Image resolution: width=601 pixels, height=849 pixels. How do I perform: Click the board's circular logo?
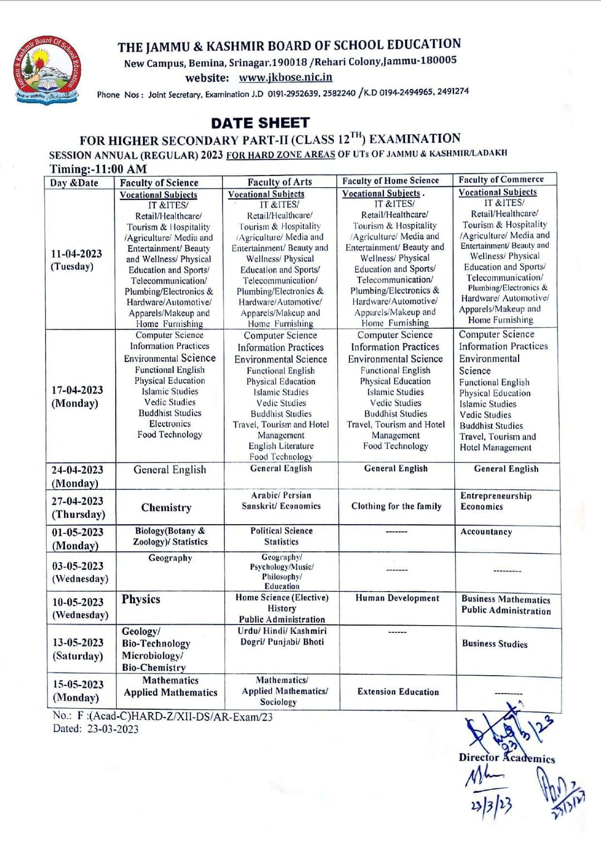[x=48, y=69]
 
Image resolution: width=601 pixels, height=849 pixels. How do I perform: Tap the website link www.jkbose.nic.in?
[x=285, y=77]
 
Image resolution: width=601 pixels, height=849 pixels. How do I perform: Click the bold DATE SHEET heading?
[x=260, y=123]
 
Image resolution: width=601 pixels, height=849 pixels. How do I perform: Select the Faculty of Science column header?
[x=159, y=183]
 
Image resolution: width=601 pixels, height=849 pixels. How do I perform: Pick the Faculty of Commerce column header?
[x=501, y=179]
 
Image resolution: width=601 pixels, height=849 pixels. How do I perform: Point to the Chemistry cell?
[x=166, y=507]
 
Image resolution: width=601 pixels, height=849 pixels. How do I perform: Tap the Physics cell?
[x=141, y=599]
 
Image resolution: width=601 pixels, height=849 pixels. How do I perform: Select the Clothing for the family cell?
[x=396, y=506]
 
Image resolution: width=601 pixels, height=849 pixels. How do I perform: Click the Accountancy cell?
[x=486, y=531]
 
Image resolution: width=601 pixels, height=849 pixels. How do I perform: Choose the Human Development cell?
[x=397, y=598]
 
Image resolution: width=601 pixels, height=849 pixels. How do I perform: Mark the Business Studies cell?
[x=495, y=643]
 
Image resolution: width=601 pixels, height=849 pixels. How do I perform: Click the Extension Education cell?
[x=398, y=691]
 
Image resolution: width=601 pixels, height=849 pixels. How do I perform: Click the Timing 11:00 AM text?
[x=98, y=169]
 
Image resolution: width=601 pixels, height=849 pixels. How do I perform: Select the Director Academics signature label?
[x=506, y=758]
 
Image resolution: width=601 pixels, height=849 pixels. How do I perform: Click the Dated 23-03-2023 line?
[x=96, y=729]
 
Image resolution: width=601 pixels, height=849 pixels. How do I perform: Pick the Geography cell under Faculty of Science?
[x=170, y=558]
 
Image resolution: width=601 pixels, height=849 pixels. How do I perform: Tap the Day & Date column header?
[x=74, y=183]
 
